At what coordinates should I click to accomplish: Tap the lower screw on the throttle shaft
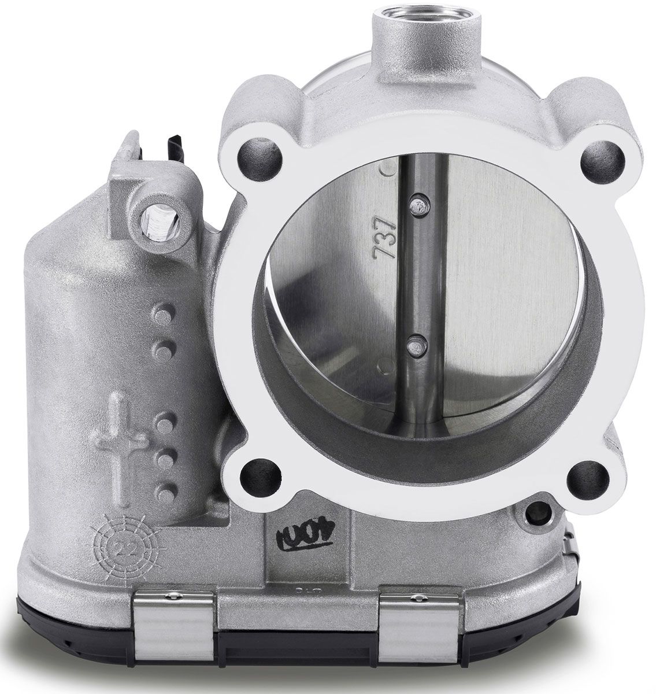click(x=412, y=344)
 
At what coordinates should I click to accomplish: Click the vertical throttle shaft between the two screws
click(x=414, y=272)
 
